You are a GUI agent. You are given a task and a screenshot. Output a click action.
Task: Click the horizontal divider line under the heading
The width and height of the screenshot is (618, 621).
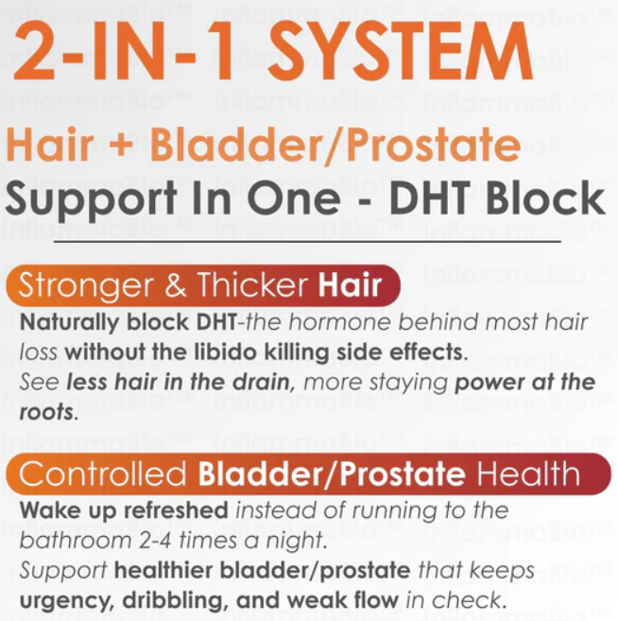click(x=307, y=241)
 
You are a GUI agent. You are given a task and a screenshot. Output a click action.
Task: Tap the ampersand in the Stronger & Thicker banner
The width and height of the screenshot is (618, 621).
click(x=176, y=285)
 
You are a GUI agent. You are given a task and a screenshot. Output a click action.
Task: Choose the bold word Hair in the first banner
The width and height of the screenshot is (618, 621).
click(x=351, y=284)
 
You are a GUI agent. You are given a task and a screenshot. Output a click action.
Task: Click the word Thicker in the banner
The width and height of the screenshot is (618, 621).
click(x=253, y=284)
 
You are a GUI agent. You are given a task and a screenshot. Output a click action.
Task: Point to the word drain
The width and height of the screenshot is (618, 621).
click(x=262, y=382)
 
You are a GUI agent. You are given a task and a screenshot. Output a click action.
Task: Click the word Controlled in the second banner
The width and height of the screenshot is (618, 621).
click(x=102, y=474)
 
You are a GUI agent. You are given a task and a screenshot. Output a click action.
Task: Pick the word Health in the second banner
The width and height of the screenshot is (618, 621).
click(x=528, y=474)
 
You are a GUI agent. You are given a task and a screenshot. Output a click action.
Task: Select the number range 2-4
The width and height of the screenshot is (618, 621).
click(x=155, y=540)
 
